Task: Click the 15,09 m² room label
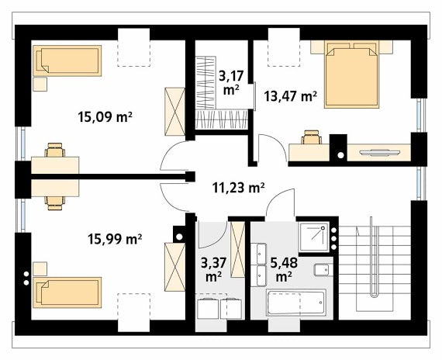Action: tap(105, 117)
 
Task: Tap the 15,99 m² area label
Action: tap(115, 239)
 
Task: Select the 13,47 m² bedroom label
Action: tap(290, 96)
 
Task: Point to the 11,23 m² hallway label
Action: tap(238, 188)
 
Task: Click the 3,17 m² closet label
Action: tap(231, 83)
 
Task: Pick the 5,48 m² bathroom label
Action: tap(284, 270)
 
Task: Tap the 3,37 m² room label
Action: tap(213, 270)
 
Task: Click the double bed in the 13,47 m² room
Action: tap(351, 74)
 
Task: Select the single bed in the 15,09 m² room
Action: tap(67, 61)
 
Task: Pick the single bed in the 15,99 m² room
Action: tap(67, 292)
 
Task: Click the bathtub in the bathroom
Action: tap(296, 303)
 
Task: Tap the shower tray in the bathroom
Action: tap(314, 237)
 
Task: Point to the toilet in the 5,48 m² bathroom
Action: tap(322, 270)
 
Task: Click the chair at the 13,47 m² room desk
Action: tap(311, 137)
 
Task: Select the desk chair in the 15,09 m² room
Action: tap(55, 150)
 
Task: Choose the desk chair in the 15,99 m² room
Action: tap(55, 203)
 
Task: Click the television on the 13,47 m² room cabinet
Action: tap(379, 153)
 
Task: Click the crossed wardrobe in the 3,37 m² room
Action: tap(237, 249)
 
